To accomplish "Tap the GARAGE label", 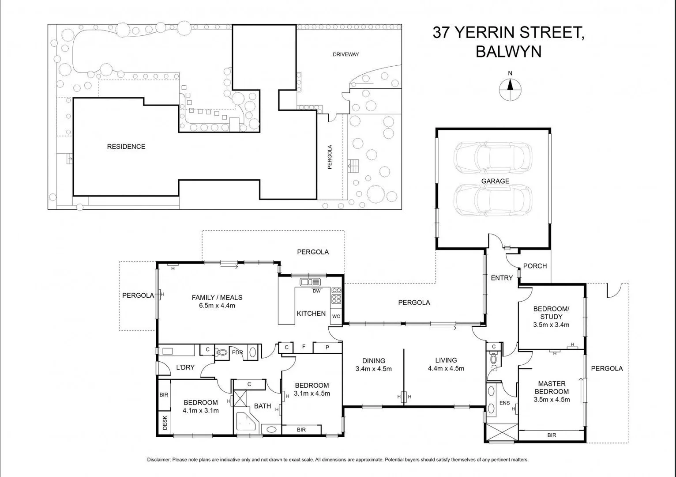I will tap(495, 181).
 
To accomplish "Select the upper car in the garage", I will tap(492, 158).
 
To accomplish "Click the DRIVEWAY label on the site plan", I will tap(346, 54).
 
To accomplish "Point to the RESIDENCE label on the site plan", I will tap(126, 147).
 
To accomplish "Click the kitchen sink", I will tap(310, 282).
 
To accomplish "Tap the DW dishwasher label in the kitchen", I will tap(316, 291).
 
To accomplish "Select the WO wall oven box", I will tap(336, 316).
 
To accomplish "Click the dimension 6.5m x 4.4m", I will tap(217, 305).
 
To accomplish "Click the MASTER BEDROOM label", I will tap(552, 387).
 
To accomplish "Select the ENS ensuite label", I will tap(504, 403).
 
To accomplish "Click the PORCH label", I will tap(535, 266).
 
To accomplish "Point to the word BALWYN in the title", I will tap(508, 52).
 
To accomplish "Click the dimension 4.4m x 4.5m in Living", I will tap(446, 368).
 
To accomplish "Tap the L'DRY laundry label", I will tap(185, 367).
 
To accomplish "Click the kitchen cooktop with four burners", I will tap(336, 295).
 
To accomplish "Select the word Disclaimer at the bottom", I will tap(158, 460).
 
